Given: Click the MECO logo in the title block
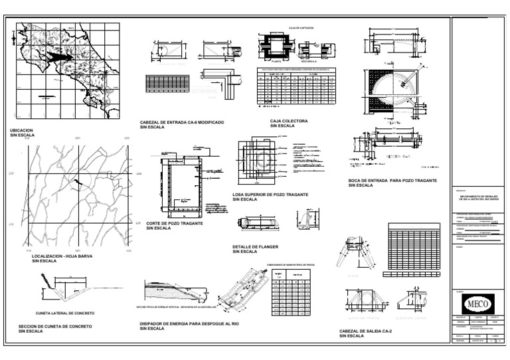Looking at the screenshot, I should (x=480, y=306).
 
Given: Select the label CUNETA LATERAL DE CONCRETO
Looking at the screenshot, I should (x=64, y=312).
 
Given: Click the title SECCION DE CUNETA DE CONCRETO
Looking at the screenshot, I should (x=55, y=326).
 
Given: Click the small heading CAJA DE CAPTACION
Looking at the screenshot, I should (x=301, y=28).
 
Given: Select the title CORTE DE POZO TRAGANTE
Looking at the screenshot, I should (x=174, y=223).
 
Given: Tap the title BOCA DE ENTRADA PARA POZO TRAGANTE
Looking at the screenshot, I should (x=392, y=180).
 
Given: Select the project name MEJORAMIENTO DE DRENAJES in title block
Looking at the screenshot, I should (x=480, y=197).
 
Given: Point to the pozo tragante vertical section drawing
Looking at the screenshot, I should (x=182, y=187).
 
